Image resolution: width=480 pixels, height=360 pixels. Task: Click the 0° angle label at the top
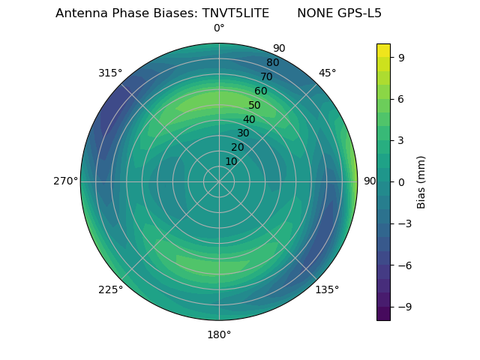pyautogui.click(x=219, y=28)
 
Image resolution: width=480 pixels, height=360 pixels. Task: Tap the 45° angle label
pyautogui.click(x=327, y=73)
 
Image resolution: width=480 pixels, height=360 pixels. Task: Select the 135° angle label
pyautogui.click(x=327, y=289)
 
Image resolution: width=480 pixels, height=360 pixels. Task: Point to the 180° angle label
pyautogui.click(x=219, y=334)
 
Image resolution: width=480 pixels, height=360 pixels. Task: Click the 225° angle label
pyautogui.click(x=110, y=289)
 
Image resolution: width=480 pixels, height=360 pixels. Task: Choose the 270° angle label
pyautogui.click(x=65, y=181)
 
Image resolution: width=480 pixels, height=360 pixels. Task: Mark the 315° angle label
pyautogui.click(x=110, y=73)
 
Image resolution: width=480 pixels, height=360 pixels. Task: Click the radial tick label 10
pyautogui.click(x=231, y=161)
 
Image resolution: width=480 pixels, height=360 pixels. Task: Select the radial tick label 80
pyautogui.click(x=272, y=63)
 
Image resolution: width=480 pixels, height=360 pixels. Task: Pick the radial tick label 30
pyautogui.click(x=243, y=133)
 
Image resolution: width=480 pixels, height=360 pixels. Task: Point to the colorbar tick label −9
pyautogui.click(x=403, y=307)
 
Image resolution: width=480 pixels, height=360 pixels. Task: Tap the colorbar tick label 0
pyautogui.click(x=400, y=181)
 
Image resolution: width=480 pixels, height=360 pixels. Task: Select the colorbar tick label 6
pyautogui.click(x=400, y=98)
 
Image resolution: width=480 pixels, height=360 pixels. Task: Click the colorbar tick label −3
pyautogui.click(x=403, y=223)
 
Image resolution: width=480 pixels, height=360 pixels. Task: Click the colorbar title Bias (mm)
pyautogui.click(x=421, y=181)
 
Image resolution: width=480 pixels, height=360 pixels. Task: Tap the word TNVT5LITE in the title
pyautogui.click(x=235, y=13)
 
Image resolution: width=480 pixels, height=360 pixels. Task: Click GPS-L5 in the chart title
pyautogui.click(x=360, y=13)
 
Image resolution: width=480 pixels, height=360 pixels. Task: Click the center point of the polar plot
pyautogui.click(x=219, y=181)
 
